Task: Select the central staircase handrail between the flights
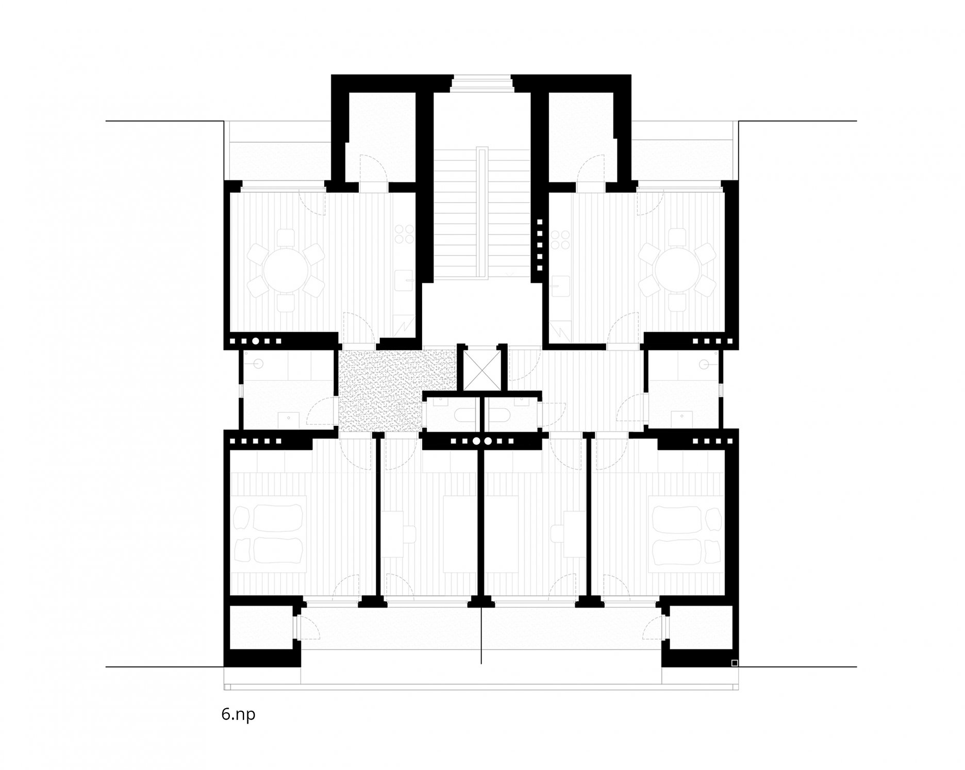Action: [482, 213]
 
